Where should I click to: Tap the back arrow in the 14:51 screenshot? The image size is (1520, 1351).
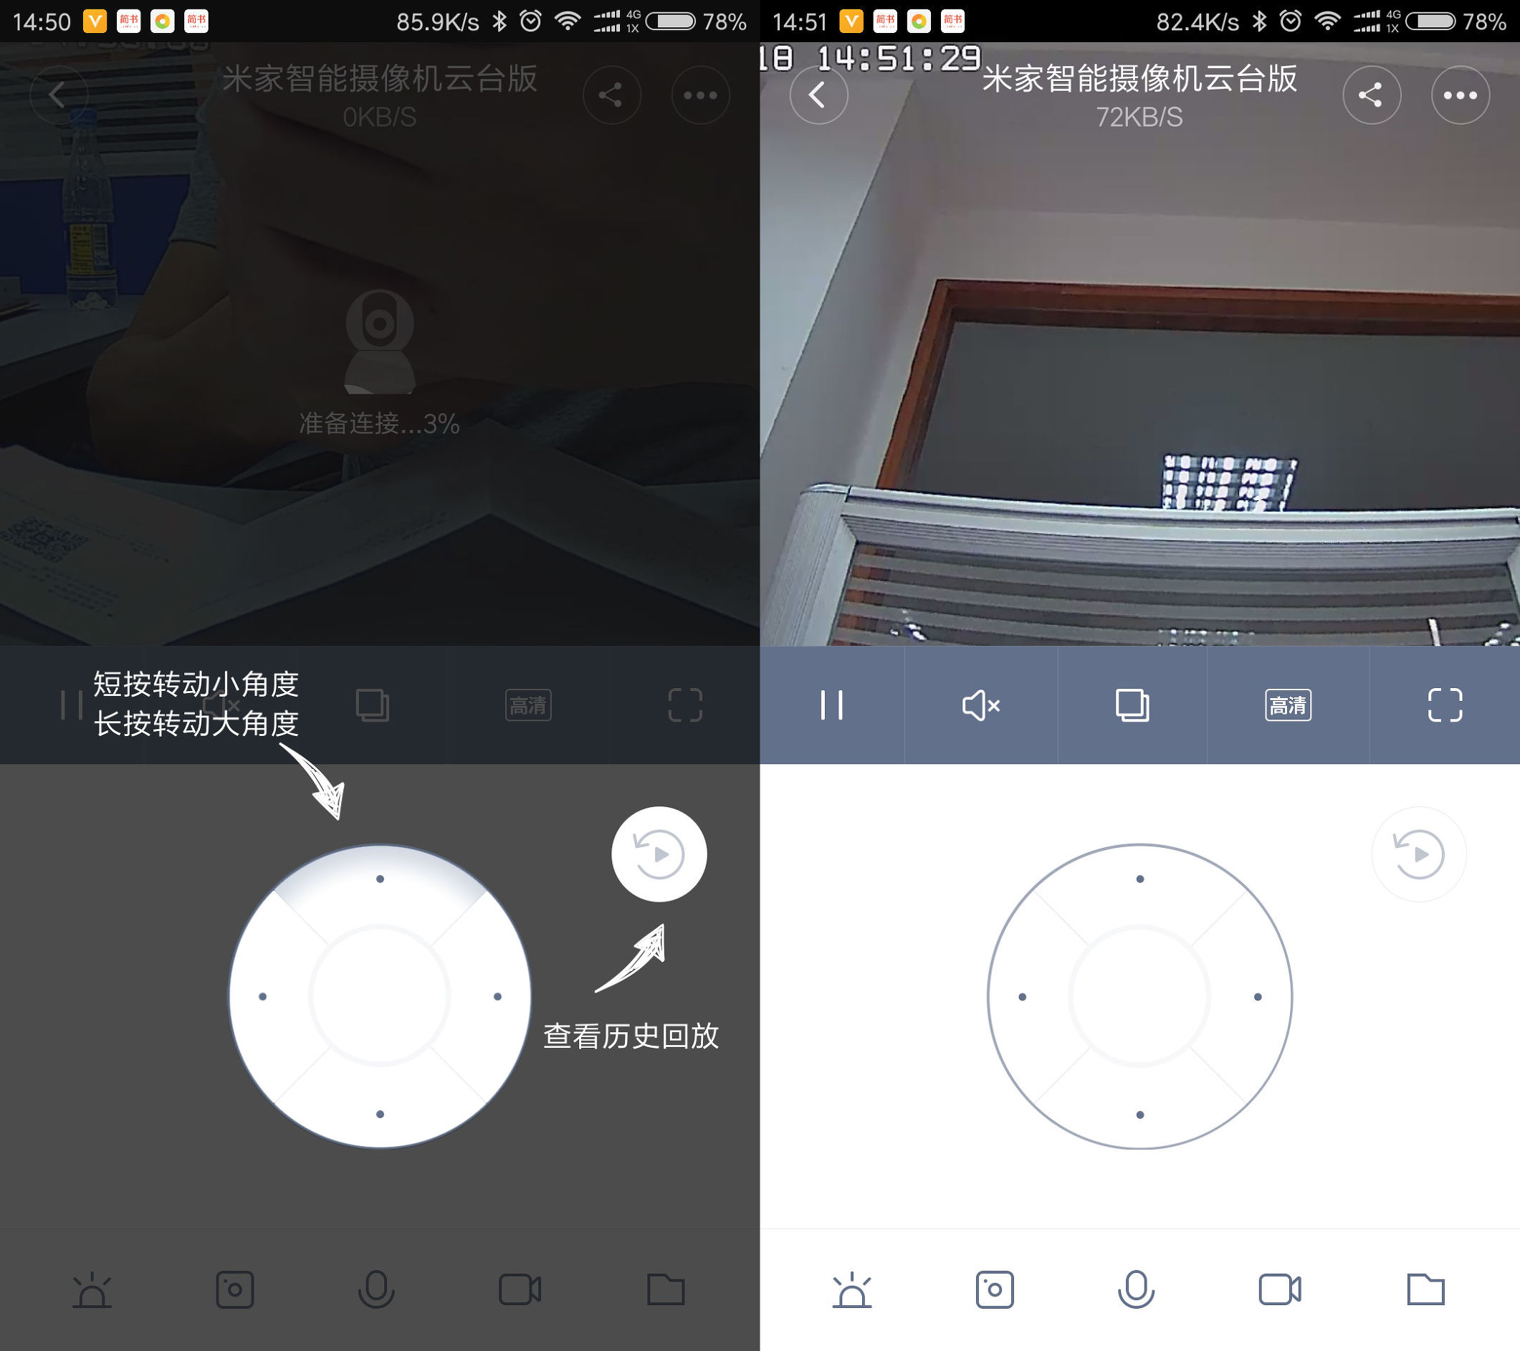818,95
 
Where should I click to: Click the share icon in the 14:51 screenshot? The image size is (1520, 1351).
1370,95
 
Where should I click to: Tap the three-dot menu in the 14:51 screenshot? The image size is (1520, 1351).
1460,95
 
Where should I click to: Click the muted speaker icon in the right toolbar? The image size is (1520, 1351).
981,705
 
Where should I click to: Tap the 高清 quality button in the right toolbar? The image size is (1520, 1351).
1288,705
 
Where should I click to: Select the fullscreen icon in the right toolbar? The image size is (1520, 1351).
1444,705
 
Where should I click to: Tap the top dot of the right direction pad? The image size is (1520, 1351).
1140,879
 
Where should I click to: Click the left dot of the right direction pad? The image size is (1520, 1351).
1023,997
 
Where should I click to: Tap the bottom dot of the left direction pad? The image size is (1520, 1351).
380,1114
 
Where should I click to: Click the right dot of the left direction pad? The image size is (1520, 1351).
497,996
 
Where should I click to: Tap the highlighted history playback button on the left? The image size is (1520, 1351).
659,854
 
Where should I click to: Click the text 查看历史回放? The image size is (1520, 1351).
631,1036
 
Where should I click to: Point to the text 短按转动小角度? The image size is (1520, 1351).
196,684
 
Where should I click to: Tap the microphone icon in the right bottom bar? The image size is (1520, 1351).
1136,1289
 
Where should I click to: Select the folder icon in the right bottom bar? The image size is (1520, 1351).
1425,1289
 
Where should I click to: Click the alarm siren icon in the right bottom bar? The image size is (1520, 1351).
851,1290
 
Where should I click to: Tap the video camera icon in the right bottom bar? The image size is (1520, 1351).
1279,1289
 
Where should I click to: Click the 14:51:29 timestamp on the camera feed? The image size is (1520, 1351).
899,58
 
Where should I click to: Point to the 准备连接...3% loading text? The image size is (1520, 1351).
379,424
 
